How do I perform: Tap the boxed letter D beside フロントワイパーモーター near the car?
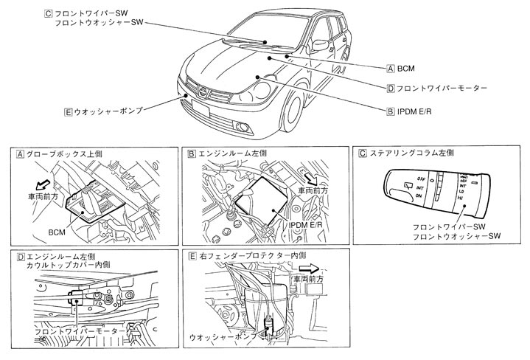[391, 88]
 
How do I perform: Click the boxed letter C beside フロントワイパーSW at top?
[49, 13]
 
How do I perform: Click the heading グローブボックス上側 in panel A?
[63, 154]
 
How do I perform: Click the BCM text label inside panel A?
[57, 231]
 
